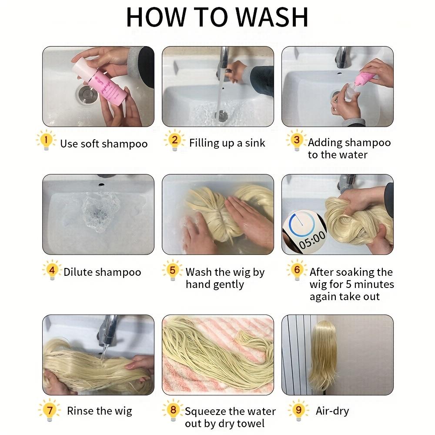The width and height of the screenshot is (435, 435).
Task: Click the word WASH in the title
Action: coord(272,17)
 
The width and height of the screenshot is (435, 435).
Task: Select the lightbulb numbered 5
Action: coord(172,270)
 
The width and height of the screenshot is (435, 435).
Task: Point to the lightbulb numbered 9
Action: coord(298,410)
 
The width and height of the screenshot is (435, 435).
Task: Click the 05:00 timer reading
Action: coord(312,240)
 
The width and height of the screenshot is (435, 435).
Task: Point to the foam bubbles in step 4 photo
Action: coord(101,213)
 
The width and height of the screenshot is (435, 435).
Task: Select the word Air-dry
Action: coord(332,411)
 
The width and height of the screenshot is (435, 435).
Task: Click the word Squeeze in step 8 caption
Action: coord(206,412)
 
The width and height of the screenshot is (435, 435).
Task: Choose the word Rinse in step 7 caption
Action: coord(81,411)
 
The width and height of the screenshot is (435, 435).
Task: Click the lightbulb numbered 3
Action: coord(297,140)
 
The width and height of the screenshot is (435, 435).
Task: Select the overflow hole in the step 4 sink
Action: coord(101,184)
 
